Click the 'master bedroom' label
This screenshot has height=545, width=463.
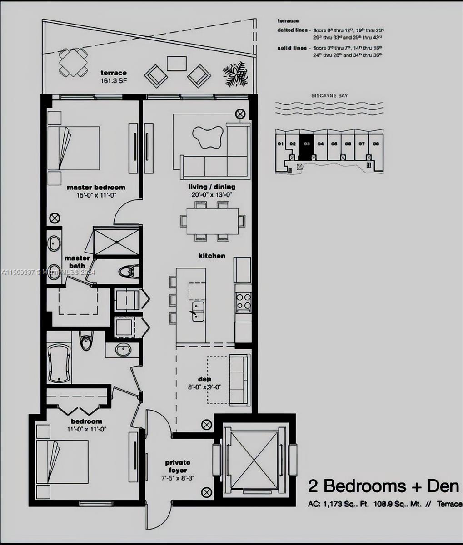(96, 187)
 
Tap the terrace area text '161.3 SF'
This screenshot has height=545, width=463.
(114, 81)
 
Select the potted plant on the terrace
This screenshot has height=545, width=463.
(235, 74)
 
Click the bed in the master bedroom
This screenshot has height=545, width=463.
(74, 148)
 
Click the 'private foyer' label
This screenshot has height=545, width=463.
(178, 466)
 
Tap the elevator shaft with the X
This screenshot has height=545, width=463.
(254, 458)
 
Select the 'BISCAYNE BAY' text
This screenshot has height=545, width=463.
(329, 96)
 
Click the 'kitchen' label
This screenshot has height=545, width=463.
(212, 256)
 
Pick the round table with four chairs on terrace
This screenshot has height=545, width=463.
(73, 63)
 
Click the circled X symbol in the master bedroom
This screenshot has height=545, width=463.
(55, 218)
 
